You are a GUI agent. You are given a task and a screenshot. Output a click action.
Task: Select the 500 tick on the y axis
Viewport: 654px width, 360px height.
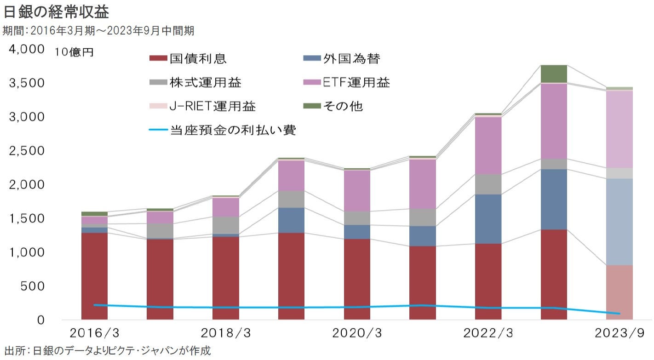[x=34, y=286]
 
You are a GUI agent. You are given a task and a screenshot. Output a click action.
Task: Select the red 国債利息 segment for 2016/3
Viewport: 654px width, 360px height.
[x=94, y=276]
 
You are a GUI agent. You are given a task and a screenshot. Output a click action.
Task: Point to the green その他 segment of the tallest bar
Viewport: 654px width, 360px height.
[x=554, y=74]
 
